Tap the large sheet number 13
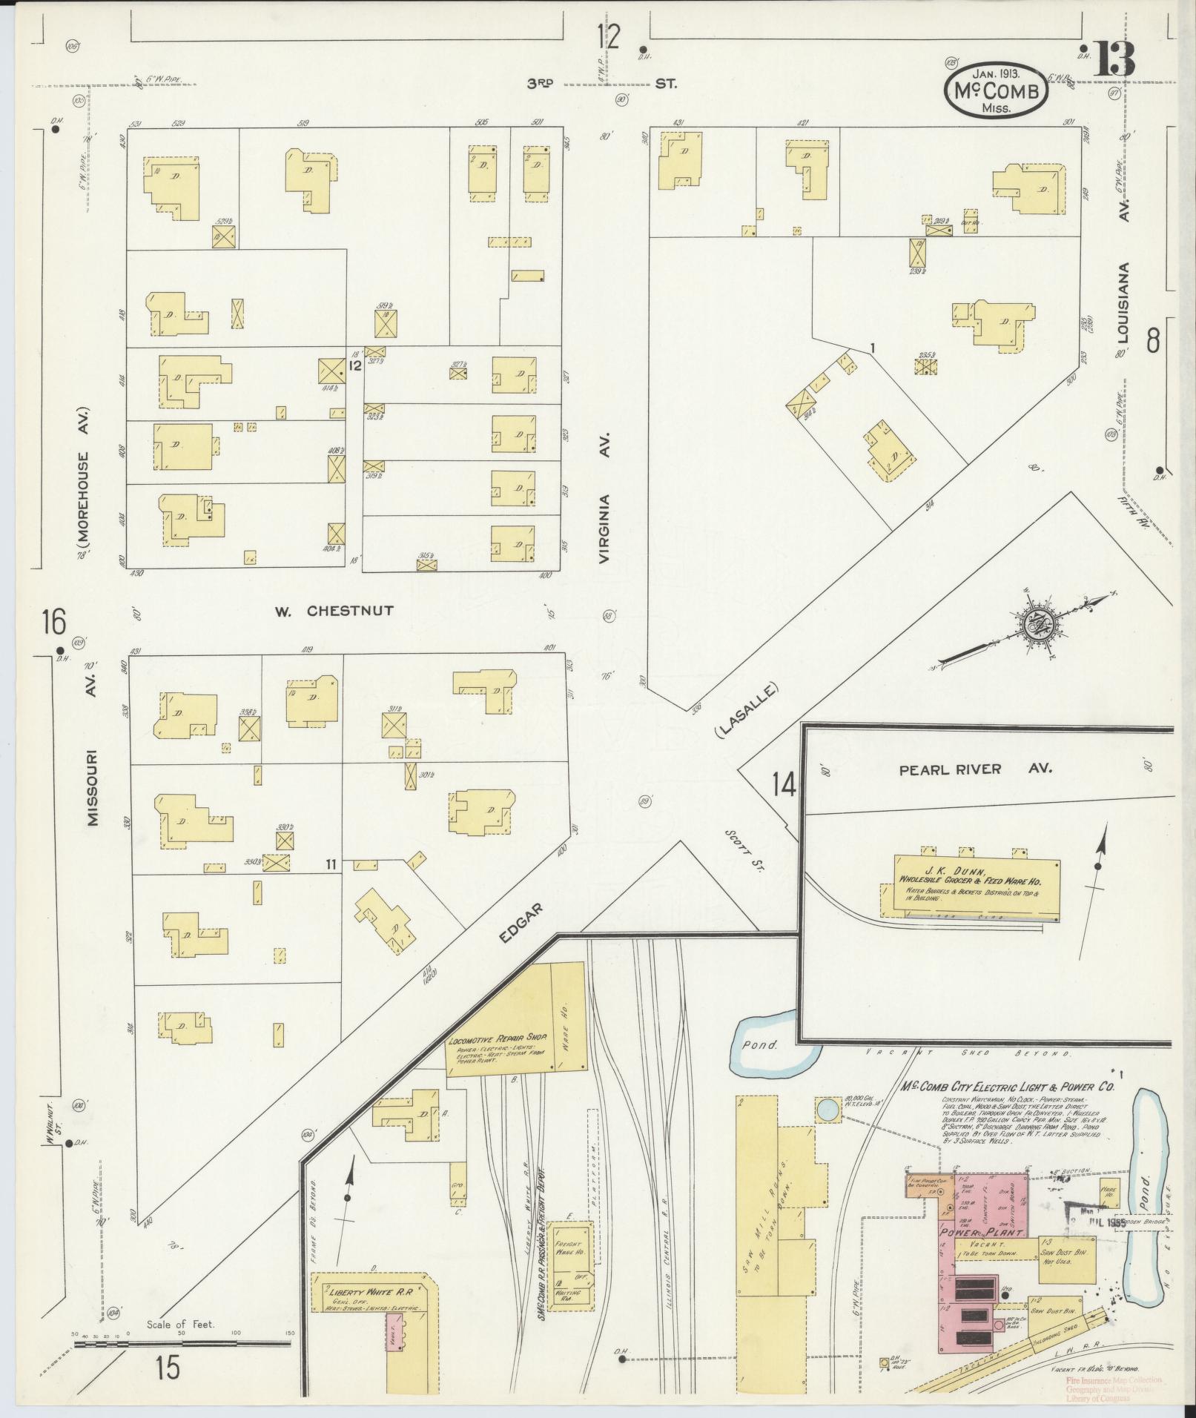pos(1112,59)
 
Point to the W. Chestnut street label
pos(333,611)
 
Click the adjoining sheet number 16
pos(54,620)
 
